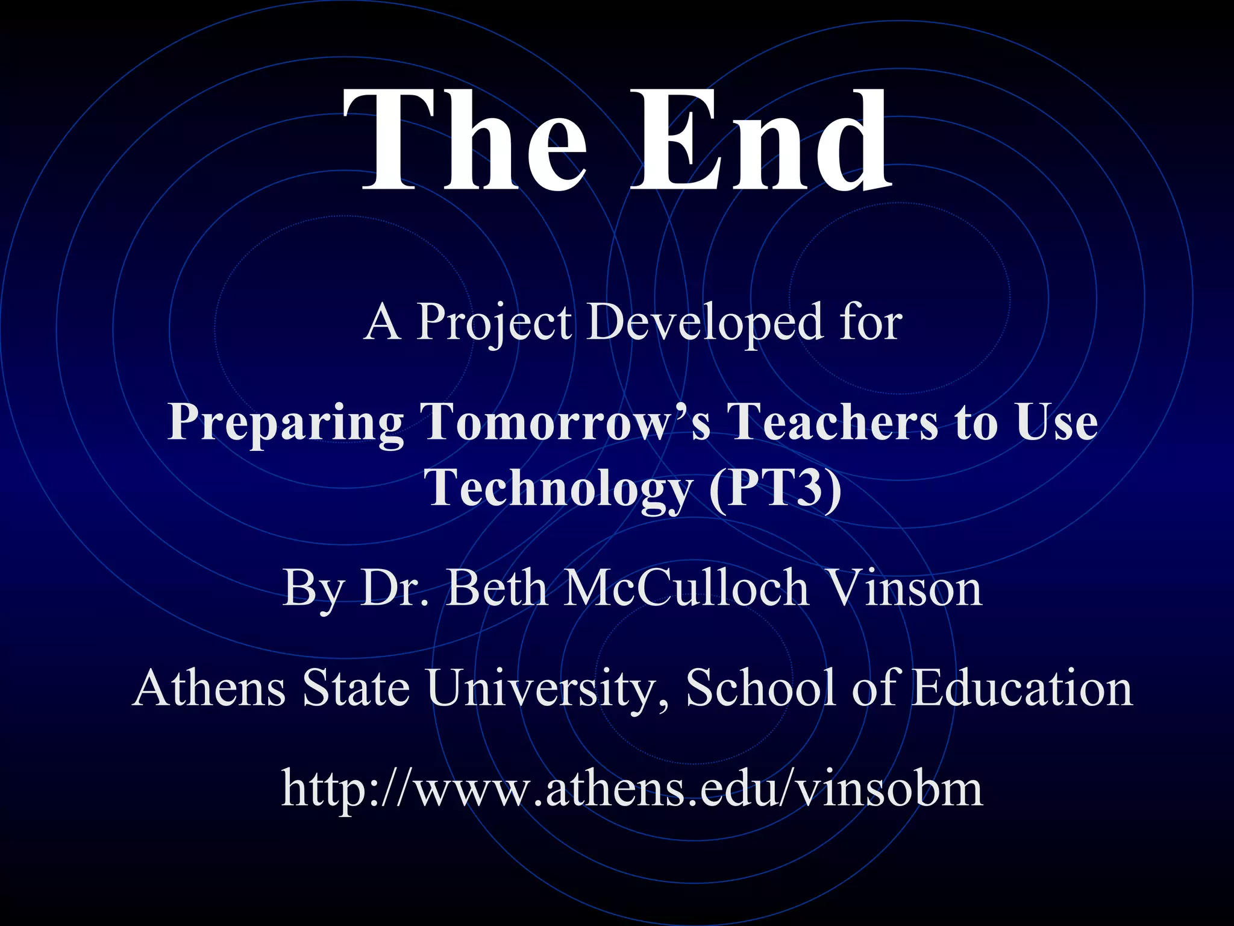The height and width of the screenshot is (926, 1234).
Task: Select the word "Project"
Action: point(494,323)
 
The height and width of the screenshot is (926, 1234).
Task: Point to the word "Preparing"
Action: point(286,422)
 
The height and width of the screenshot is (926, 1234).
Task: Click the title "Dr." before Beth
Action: point(395,588)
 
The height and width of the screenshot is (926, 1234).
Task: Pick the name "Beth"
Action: point(498,588)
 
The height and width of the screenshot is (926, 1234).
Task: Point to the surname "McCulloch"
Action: point(686,588)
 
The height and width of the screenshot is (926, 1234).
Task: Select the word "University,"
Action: point(548,689)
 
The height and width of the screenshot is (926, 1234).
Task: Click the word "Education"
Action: point(1022,688)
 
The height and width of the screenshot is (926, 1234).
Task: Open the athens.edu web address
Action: point(632,788)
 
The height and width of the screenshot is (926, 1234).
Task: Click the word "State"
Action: point(356,688)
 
